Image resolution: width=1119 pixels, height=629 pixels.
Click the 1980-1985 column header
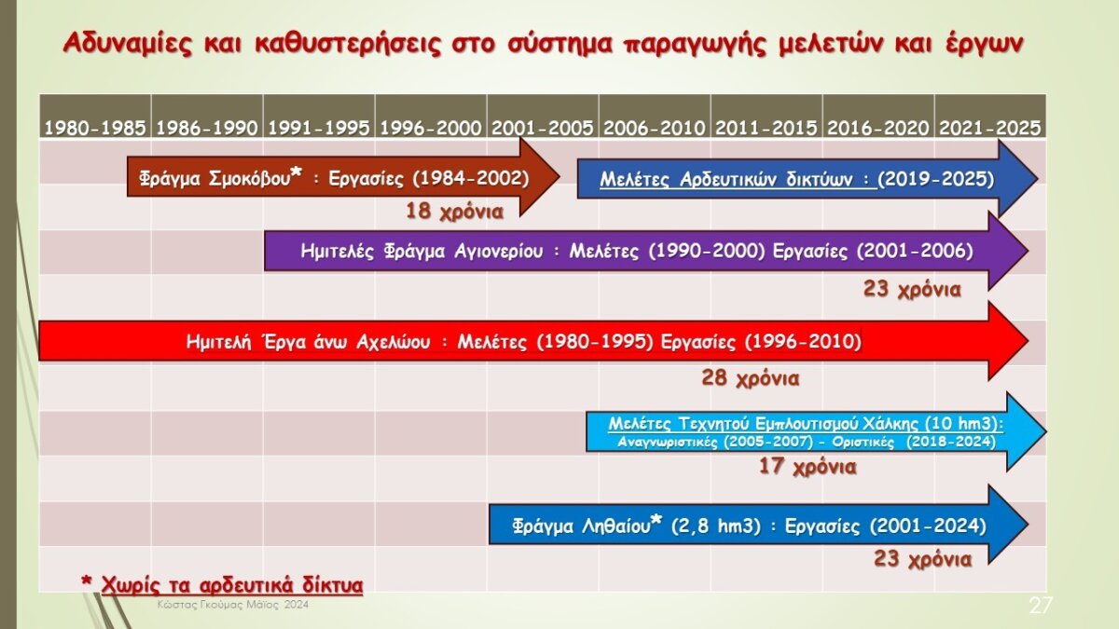95,128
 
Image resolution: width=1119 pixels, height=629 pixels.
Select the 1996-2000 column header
431,128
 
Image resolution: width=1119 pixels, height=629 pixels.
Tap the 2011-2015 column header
767,128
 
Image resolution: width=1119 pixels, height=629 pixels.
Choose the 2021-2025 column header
990,128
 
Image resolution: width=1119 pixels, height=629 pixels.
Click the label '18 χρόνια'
455,212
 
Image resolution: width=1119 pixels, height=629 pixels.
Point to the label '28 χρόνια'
751,378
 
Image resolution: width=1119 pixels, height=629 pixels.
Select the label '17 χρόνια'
808,466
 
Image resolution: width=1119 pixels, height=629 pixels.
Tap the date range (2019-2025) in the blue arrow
935,179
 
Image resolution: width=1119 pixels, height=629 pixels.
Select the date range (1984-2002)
471,178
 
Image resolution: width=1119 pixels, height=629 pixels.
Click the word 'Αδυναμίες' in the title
128,44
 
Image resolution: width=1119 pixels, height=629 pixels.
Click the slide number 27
1041,605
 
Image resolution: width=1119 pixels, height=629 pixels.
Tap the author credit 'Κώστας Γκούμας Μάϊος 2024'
233,605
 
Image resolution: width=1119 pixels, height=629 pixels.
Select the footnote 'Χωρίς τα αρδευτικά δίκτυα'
232,585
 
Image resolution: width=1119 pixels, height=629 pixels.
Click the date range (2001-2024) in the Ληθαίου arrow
928,526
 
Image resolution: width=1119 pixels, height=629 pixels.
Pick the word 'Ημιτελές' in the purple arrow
338,251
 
